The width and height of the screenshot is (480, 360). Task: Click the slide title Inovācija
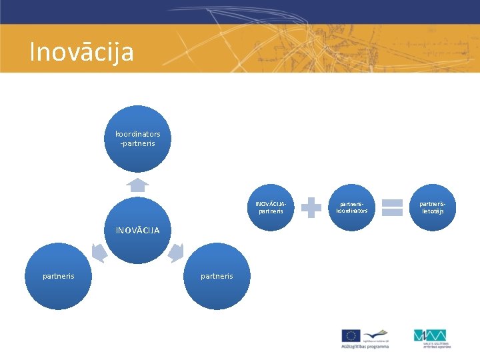tap(81, 52)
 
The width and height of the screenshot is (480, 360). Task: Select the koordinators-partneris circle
tap(137, 139)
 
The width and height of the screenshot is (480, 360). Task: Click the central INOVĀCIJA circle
tap(138, 230)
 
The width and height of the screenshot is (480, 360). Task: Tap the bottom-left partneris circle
tap(59, 276)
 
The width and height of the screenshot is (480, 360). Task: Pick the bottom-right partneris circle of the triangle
tap(217, 276)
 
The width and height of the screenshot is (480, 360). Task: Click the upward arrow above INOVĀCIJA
tap(137, 185)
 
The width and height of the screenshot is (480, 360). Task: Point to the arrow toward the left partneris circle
tap(99, 253)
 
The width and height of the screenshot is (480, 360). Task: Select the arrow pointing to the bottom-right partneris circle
tap(176, 253)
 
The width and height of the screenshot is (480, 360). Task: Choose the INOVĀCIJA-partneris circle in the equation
tap(270, 207)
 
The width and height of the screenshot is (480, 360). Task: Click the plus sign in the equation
tap(311, 207)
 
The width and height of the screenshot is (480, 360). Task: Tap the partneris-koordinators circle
tap(352, 207)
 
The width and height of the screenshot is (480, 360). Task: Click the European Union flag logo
tap(351, 335)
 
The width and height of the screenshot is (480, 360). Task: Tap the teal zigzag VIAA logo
tap(429, 335)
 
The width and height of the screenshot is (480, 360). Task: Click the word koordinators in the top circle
tap(137, 134)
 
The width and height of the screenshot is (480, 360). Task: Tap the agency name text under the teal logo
tap(436, 345)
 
